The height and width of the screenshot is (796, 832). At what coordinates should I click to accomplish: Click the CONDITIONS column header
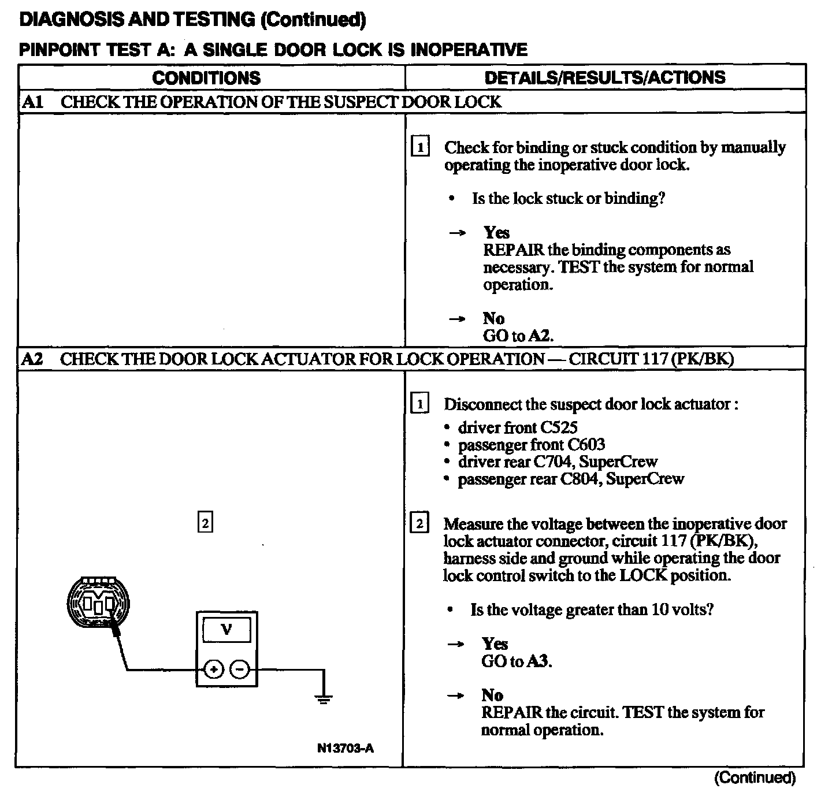pos(206,78)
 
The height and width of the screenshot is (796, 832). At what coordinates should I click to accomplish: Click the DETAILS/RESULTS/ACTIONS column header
pos(604,78)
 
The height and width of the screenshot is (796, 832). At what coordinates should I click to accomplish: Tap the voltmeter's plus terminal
pos(214,670)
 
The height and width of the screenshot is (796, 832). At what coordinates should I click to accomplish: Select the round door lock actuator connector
pos(97,603)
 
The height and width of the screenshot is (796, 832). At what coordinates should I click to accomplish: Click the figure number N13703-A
pos(345,748)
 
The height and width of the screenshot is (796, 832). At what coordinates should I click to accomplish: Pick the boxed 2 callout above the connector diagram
pos(205,523)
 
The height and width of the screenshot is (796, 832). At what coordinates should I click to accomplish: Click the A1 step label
pos(32,102)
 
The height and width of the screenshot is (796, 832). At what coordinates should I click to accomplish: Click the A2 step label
pos(32,359)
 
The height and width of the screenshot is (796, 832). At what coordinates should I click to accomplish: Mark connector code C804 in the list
pos(578,479)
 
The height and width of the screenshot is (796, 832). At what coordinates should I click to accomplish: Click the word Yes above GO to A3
pos(495,644)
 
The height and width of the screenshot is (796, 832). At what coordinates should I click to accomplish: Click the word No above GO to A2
pos(493,318)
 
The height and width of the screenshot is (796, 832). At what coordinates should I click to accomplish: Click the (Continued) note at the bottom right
pos(755,778)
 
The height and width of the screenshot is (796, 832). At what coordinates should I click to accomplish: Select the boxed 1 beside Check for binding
pos(420,147)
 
